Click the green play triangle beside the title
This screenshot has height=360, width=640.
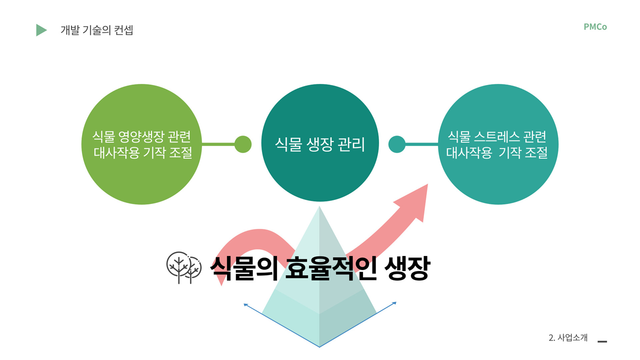[x=41, y=30]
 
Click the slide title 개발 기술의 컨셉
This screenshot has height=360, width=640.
[x=96, y=30]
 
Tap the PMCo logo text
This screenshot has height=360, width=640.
[x=595, y=27]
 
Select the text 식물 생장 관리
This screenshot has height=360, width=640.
[x=320, y=144]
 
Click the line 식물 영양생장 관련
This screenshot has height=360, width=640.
[x=140, y=136]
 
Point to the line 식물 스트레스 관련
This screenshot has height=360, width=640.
[x=496, y=136]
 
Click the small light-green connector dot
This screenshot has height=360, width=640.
[x=243, y=144]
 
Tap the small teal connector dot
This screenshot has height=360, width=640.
[x=396, y=144]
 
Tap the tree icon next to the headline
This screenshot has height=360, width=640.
[x=182, y=268]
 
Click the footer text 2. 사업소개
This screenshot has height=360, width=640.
[x=568, y=337]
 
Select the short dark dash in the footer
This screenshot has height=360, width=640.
[x=602, y=341]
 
